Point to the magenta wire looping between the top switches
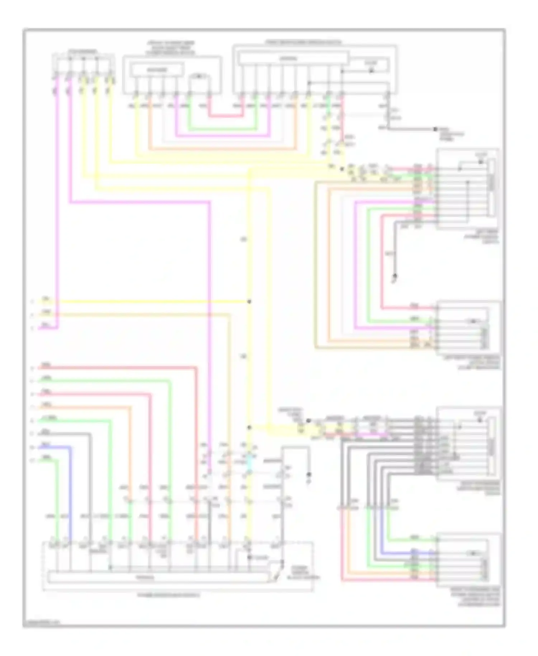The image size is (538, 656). click(x=222, y=136)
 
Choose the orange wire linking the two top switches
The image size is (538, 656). click(x=222, y=149)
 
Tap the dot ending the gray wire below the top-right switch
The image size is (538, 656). click(x=435, y=129)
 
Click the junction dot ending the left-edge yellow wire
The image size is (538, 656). click(x=249, y=301)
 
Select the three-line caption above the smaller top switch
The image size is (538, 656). click(x=171, y=48)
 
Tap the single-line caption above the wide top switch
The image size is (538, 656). click(x=303, y=42)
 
